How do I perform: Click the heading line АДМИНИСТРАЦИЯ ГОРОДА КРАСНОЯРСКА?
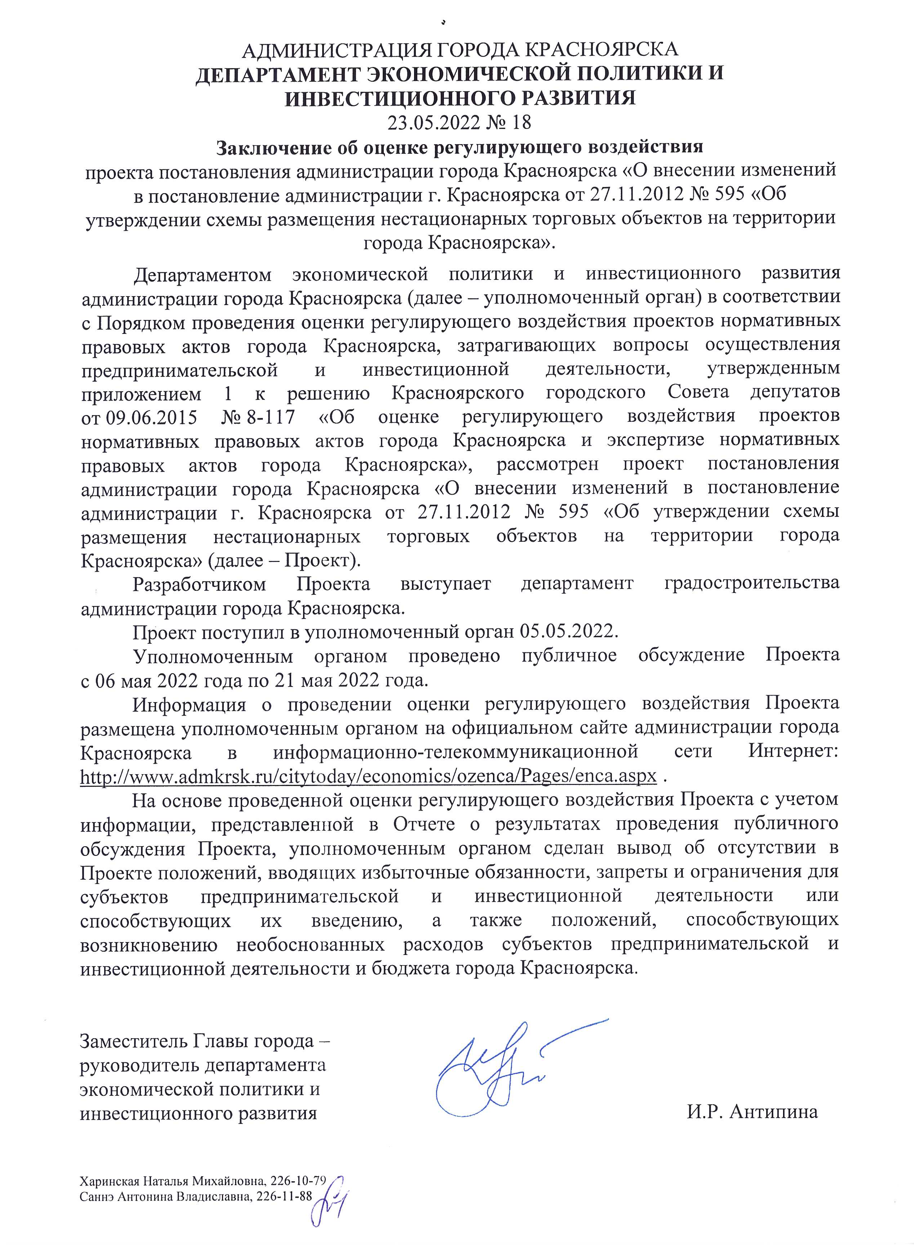460,50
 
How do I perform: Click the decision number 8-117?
269,417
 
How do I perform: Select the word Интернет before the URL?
793,752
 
